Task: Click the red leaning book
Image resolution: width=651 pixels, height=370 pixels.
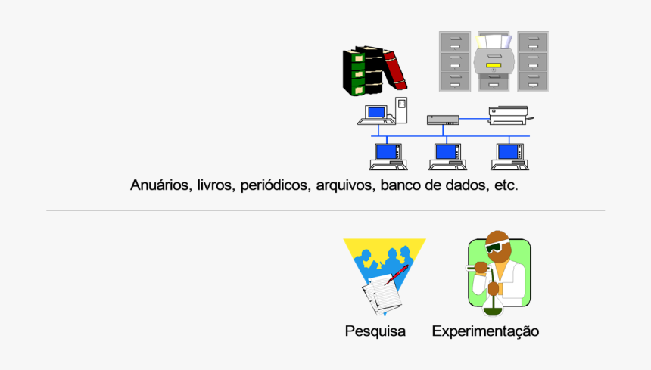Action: point(395,70)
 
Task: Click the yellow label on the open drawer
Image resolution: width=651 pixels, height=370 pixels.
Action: point(494,65)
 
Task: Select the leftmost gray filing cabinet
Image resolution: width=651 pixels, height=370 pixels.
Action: point(454,61)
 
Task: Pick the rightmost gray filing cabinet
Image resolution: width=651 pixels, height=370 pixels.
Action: point(533,61)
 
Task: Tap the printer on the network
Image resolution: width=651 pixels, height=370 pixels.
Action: point(509,115)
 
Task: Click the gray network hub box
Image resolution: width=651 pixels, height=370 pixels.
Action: point(442,119)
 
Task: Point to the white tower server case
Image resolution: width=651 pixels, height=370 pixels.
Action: point(402,109)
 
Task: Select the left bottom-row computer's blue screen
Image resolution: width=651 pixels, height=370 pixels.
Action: point(387,151)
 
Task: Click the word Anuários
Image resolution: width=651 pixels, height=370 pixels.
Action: point(160,185)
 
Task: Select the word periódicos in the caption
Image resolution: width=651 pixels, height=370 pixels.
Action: point(274,185)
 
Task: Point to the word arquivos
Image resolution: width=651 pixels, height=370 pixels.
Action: point(344,185)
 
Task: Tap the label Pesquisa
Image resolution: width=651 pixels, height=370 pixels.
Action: point(375,331)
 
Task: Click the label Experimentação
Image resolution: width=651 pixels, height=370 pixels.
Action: point(485,331)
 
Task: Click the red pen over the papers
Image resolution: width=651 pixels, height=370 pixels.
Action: point(397,274)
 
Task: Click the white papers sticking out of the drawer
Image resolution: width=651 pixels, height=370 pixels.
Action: point(492,41)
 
